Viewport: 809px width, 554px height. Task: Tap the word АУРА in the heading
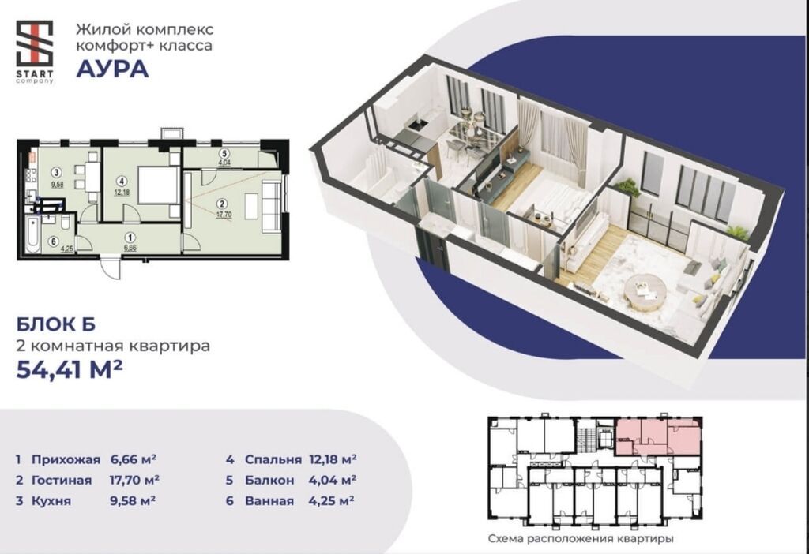click(112, 69)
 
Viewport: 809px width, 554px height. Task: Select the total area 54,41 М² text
click(70, 369)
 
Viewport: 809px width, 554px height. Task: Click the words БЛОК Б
click(56, 324)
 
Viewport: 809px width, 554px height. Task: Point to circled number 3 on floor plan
click(57, 173)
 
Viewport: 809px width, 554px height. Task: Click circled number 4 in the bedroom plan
click(121, 181)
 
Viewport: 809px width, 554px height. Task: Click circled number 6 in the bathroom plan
click(52, 241)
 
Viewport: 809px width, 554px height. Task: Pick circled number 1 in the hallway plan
click(130, 238)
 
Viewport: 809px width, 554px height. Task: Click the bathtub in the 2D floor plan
click(32, 235)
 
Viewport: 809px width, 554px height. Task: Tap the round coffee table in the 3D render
click(645, 292)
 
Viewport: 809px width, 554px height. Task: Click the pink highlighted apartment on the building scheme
click(658, 437)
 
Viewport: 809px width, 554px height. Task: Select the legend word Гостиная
click(62, 481)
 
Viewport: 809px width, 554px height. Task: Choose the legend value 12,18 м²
click(333, 459)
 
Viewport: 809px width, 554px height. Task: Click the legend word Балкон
click(269, 481)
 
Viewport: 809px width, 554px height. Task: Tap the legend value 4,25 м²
click(331, 500)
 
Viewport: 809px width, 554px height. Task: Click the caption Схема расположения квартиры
click(581, 539)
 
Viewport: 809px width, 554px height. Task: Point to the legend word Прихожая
click(66, 459)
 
